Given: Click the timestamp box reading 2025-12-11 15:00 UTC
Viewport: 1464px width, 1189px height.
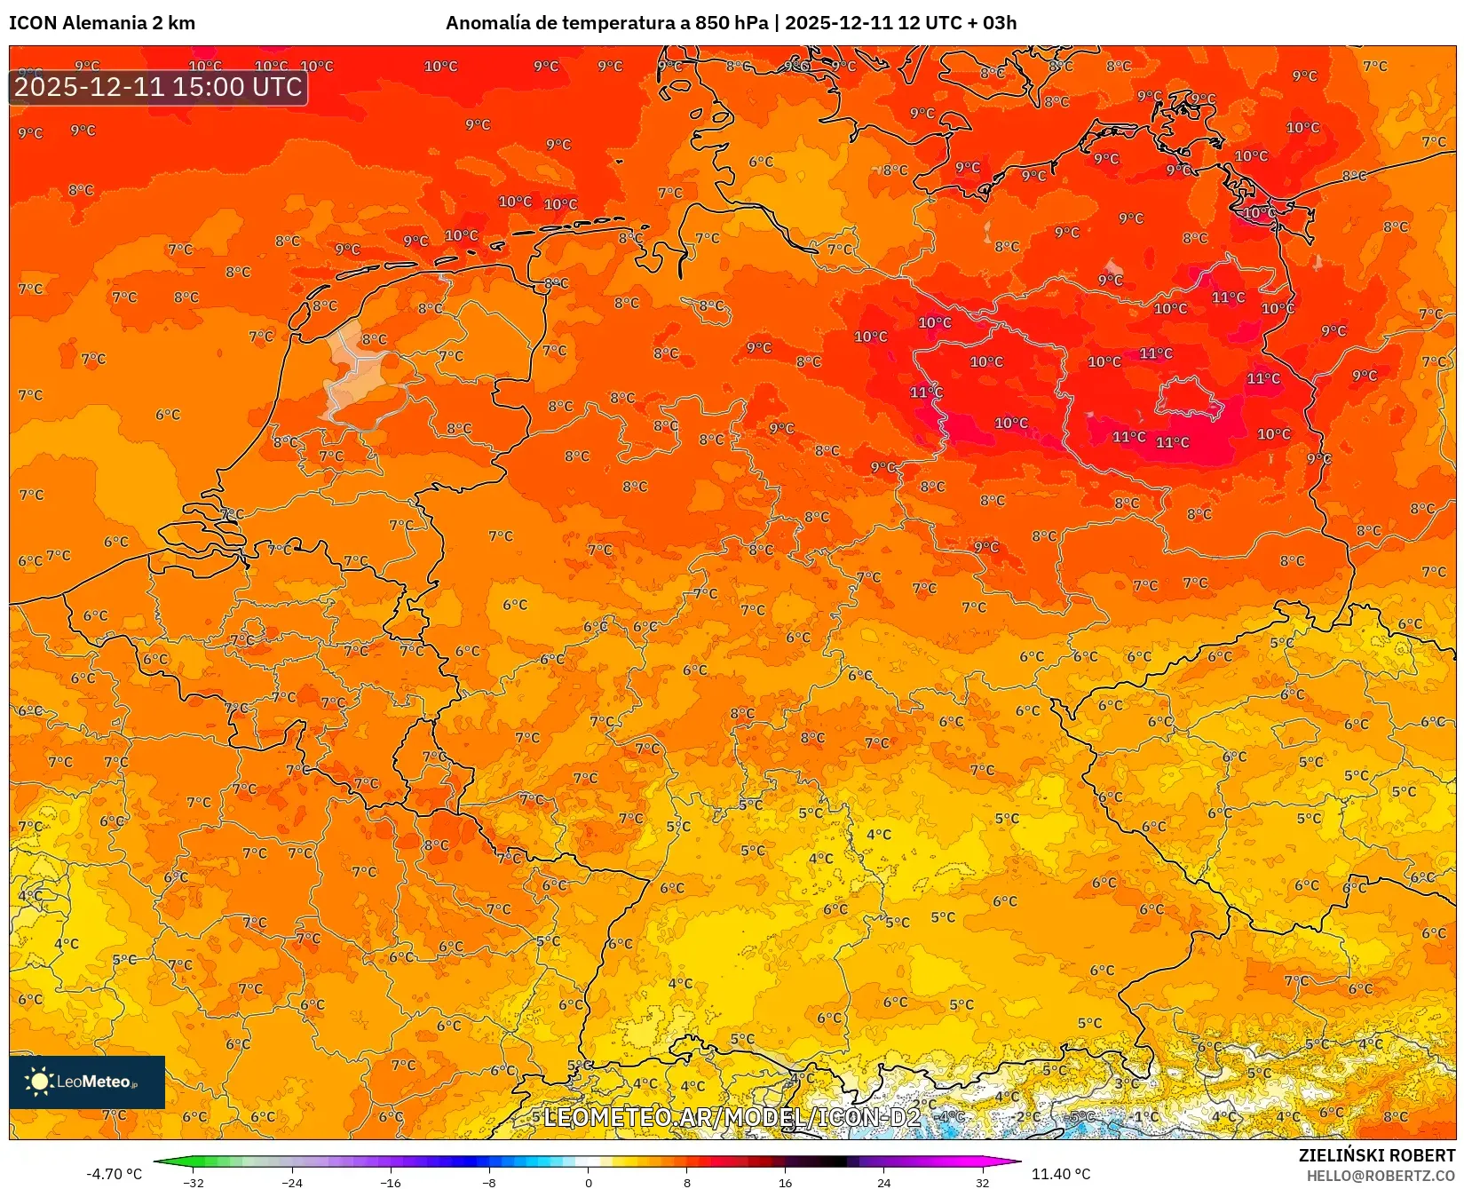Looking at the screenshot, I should [158, 87].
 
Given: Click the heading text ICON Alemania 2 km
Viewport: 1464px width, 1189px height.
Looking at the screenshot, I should [102, 23].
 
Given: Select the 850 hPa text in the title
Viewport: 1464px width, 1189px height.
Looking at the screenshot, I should [732, 23].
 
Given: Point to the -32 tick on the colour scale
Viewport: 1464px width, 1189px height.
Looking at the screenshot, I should [194, 1182].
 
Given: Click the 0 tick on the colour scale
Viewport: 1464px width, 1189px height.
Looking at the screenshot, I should [588, 1182].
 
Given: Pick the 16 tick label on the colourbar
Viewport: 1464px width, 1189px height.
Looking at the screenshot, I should [785, 1182].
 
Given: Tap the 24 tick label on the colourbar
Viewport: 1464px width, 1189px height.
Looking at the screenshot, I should [883, 1182].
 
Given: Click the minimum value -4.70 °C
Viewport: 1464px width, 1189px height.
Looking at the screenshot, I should [114, 1174].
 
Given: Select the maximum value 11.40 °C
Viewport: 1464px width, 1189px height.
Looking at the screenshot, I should [1060, 1174].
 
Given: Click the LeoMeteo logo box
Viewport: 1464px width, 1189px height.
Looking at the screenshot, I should [87, 1082].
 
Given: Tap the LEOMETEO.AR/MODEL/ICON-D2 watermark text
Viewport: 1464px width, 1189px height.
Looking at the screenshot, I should [732, 1117].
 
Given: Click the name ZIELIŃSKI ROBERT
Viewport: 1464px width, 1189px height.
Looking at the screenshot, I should [1377, 1155].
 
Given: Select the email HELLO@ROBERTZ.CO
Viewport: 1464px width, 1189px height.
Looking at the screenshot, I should [1381, 1176].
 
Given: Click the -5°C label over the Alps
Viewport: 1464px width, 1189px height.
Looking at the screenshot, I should [1080, 1116].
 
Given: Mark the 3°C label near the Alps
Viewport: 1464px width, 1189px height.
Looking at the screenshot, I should [1126, 1083].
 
